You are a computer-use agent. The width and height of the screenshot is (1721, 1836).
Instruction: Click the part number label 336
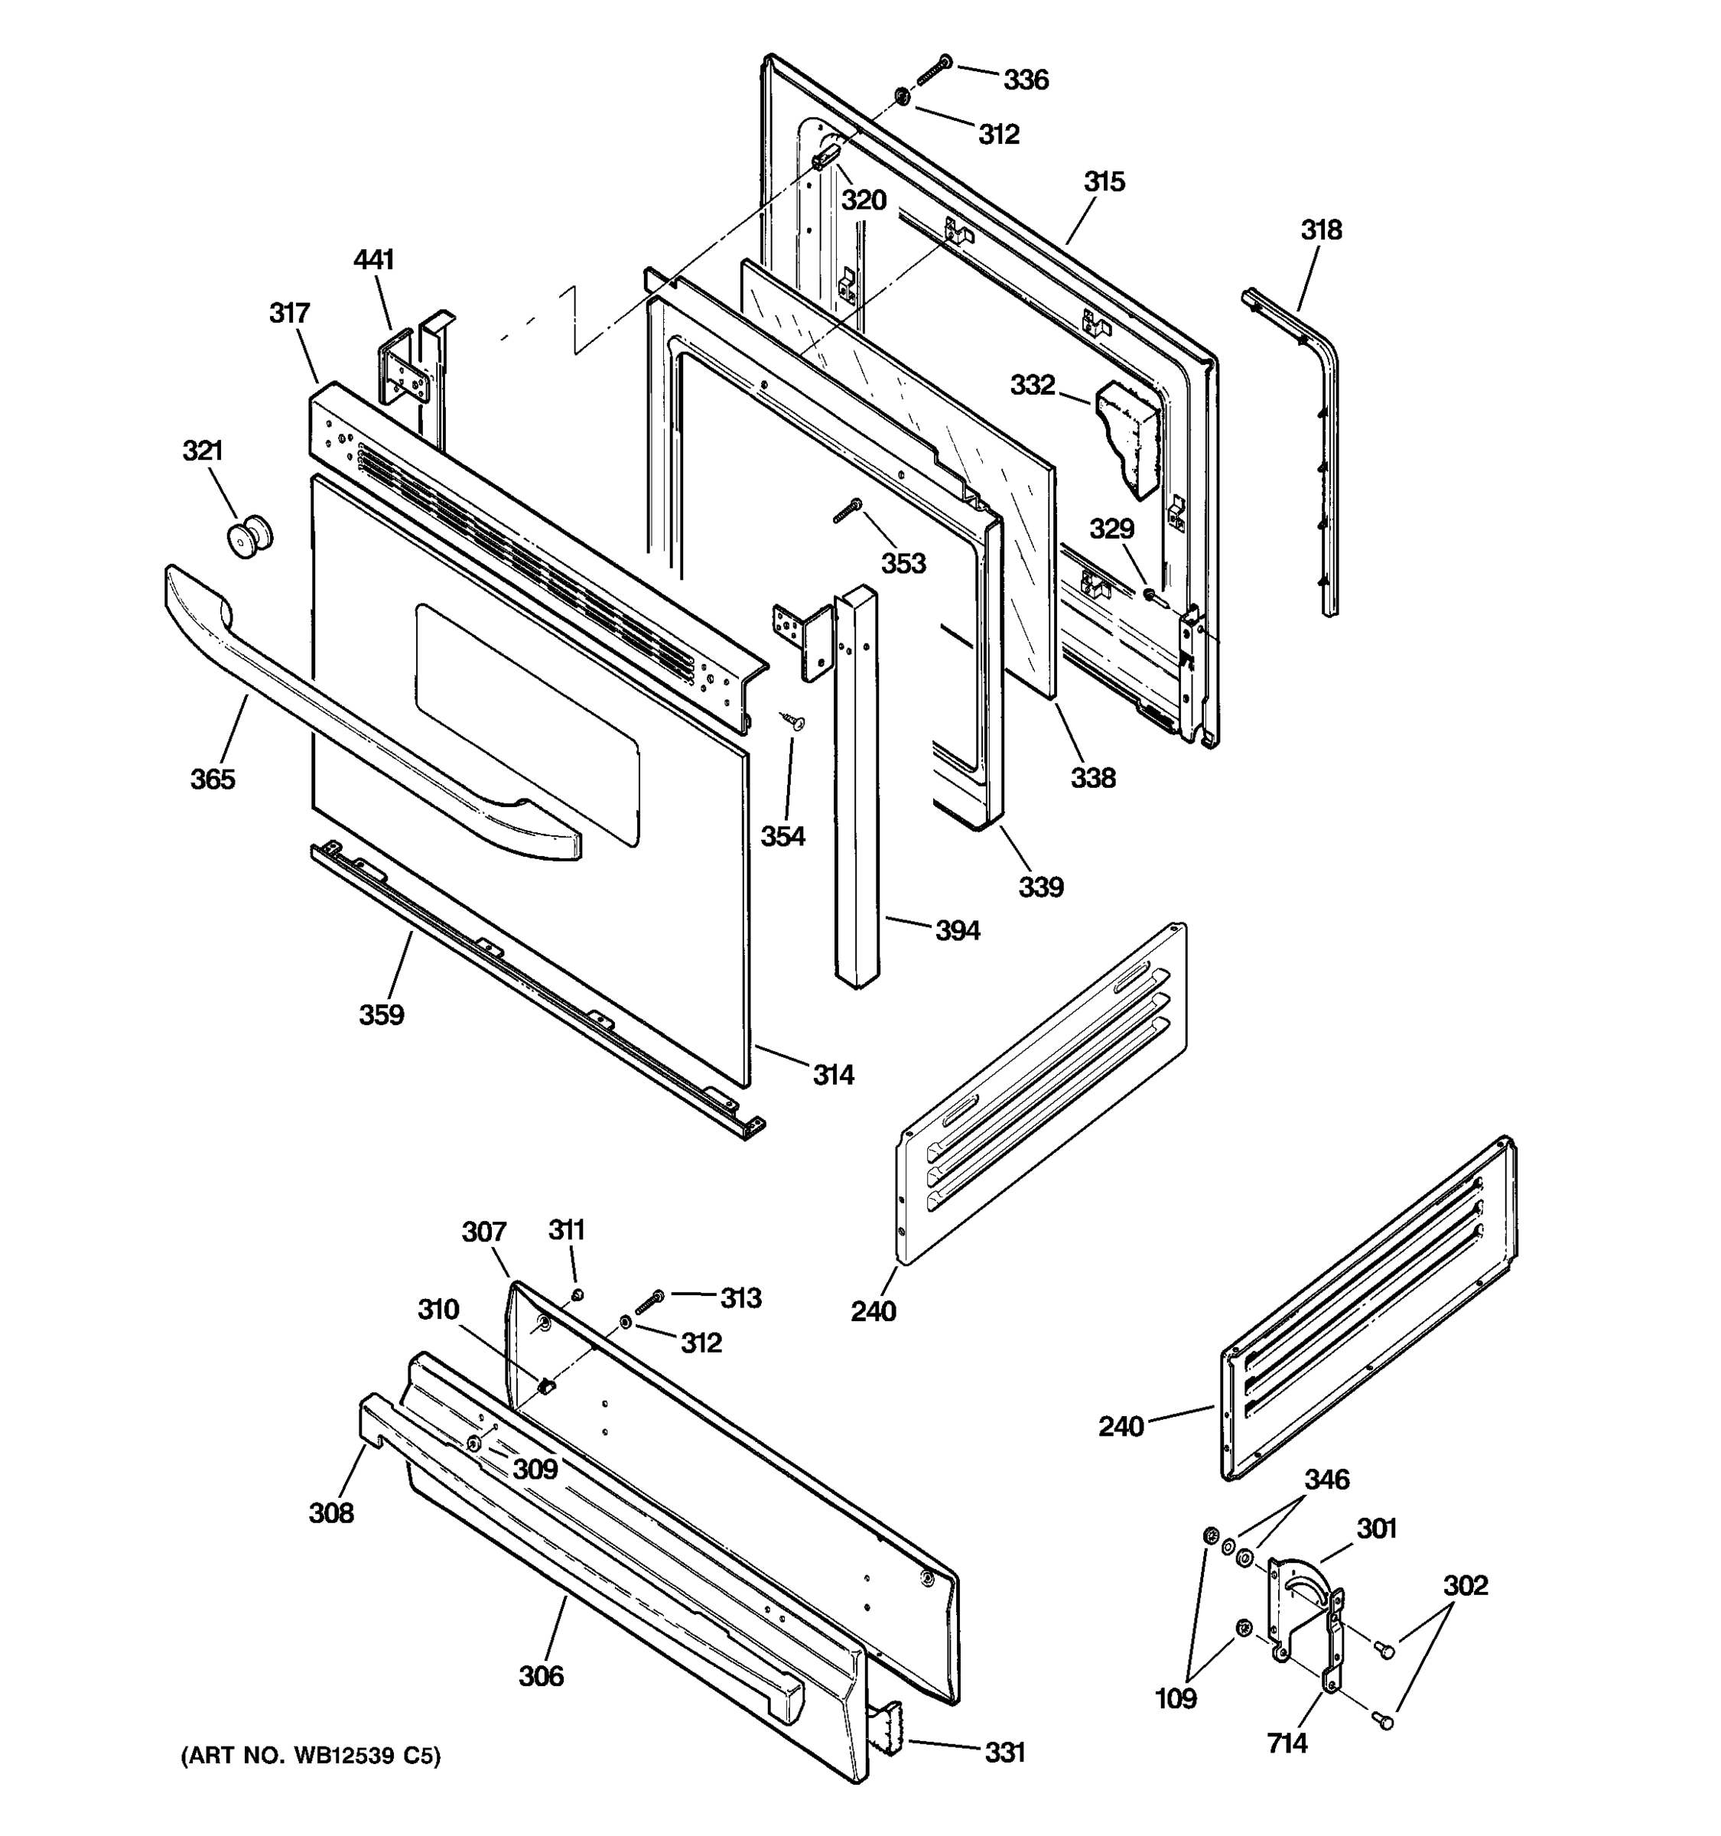coord(1026,80)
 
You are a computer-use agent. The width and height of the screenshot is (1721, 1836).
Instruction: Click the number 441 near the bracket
coord(373,260)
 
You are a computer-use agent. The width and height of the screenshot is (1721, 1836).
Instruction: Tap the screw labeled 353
coord(847,509)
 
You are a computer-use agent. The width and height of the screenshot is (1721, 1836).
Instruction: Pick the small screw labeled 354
coord(793,721)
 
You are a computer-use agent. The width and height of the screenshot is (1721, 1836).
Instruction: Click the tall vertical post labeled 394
coord(856,785)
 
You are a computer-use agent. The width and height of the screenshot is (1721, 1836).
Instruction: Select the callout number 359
coord(382,1015)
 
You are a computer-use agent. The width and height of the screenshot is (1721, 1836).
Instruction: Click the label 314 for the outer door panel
coord(833,1075)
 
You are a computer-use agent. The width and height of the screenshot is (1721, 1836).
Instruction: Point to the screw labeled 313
coord(649,1302)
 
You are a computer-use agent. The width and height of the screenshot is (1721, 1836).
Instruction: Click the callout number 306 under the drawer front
coord(540,1676)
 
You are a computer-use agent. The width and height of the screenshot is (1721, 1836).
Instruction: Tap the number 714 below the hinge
coord(1287,1743)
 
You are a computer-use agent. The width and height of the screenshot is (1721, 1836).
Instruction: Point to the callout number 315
coord(1104,182)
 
